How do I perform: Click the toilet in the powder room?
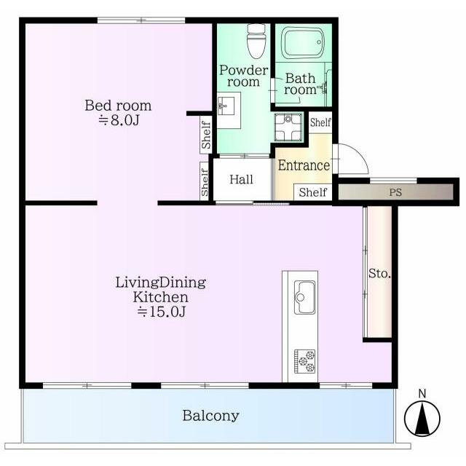pyautogui.click(x=256, y=41)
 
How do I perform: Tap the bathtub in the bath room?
pyautogui.click(x=303, y=44)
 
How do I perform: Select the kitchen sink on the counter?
pyautogui.click(x=304, y=297)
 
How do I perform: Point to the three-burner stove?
pyautogui.click(x=304, y=361)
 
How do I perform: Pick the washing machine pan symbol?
pyautogui.click(x=288, y=127)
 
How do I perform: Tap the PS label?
pyautogui.click(x=395, y=192)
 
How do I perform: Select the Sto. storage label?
pyautogui.click(x=379, y=274)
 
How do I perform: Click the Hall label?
pyautogui.click(x=241, y=180)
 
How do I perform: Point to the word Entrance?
pyautogui.click(x=304, y=165)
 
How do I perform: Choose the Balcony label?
pyautogui.click(x=210, y=416)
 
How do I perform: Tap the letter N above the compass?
pyautogui.click(x=422, y=393)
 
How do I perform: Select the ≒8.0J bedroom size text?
pyautogui.click(x=119, y=120)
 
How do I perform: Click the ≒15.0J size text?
pyautogui.click(x=162, y=312)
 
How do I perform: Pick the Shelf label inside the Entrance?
pyautogui.click(x=313, y=192)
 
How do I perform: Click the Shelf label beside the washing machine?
pyautogui.click(x=320, y=122)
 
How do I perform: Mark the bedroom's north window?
pyautogui.click(x=141, y=20)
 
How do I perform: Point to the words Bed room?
pyautogui.click(x=118, y=106)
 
